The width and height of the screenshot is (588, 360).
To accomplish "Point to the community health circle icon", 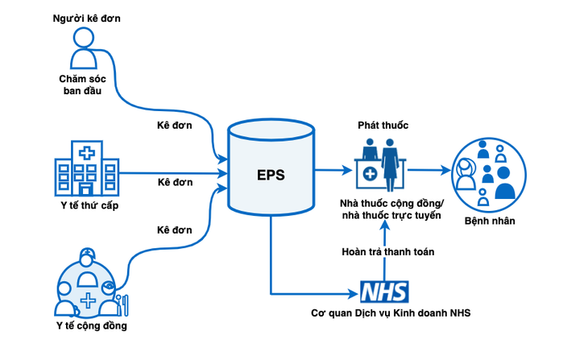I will tap(86, 284).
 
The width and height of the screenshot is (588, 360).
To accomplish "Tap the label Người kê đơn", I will tap(86, 17).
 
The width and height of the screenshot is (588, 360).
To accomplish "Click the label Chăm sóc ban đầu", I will tap(85, 85).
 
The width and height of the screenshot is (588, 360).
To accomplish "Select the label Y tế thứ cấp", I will tap(86, 212).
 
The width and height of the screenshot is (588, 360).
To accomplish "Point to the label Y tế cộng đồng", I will tap(86, 326).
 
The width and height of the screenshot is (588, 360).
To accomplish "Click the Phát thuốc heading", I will tap(383, 126).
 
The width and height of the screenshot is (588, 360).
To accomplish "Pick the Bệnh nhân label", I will tap(490, 221).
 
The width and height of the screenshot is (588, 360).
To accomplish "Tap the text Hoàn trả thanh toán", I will tap(385, 252).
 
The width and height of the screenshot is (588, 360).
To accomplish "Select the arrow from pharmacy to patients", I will tap(431, 170).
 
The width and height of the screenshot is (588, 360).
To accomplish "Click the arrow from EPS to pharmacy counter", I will tap(333, 170).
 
